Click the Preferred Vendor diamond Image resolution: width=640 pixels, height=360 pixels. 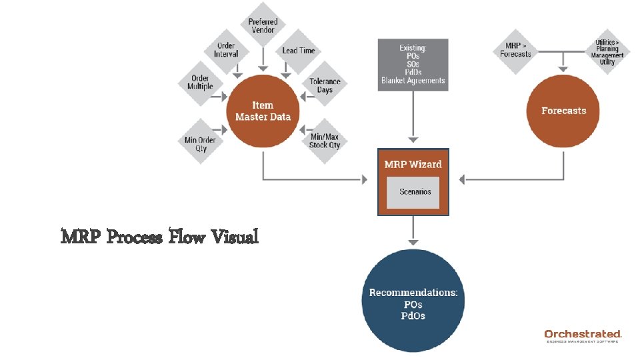point(263,26)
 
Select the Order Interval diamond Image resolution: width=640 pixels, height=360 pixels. point(226,50)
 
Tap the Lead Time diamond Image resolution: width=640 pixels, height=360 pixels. point(299,51)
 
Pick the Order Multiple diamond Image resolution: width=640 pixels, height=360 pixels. point(200,83)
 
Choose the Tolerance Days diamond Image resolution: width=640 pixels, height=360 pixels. point(325,85)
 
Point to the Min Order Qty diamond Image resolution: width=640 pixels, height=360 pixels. point(201,144)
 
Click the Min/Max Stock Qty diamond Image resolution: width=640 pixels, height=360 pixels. point(325,141)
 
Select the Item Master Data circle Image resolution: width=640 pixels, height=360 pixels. point(263,111)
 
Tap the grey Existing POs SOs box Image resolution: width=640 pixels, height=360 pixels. point(413,65)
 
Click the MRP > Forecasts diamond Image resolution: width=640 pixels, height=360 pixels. point(515,50)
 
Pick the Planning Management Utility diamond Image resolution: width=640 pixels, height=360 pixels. point(607,51)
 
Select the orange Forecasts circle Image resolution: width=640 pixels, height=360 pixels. point(563,111)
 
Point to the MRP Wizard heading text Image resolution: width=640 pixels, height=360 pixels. point(413,164)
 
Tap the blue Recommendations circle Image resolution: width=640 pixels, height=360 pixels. point(413,301)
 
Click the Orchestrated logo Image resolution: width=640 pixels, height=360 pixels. point(583,335)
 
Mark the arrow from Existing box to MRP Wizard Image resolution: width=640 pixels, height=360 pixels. point(413,117)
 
